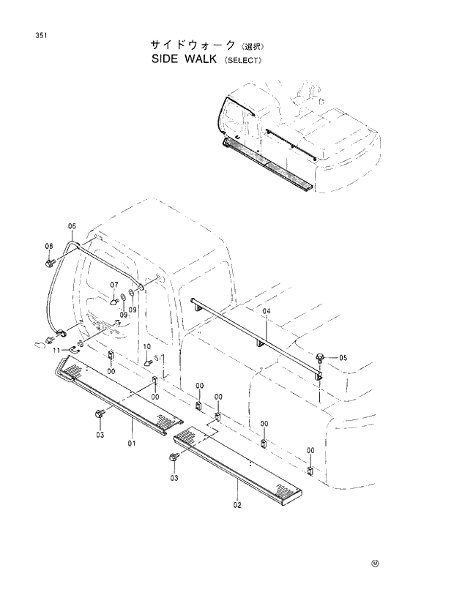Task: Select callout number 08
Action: pos(49,246)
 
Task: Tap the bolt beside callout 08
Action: pos(49,261)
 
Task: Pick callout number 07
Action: pos(114,285)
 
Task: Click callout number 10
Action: pos(146,346)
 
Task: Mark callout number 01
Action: pos(133,444)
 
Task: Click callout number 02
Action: pos(237,505)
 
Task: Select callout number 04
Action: pos(267,312)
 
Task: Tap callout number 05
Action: pos(343,358)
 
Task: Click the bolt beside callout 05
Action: pos(321,357)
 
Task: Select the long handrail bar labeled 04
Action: pos(256,333)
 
